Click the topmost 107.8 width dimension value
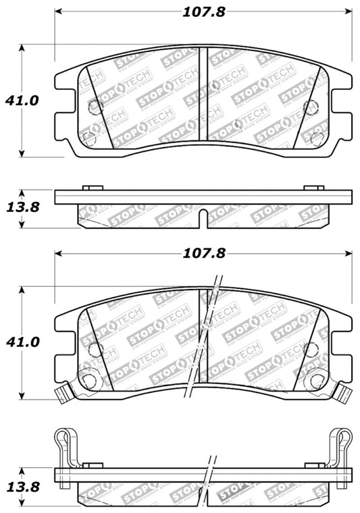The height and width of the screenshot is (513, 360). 203,11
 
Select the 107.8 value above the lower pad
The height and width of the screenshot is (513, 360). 203,254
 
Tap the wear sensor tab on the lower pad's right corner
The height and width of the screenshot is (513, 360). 344,391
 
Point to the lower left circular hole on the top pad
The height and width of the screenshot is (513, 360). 88,138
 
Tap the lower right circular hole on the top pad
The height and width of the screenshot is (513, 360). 317,138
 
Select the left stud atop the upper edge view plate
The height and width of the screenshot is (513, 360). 92,188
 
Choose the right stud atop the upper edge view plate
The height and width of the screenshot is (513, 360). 314,188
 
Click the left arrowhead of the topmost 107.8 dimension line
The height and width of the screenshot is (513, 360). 59,11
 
